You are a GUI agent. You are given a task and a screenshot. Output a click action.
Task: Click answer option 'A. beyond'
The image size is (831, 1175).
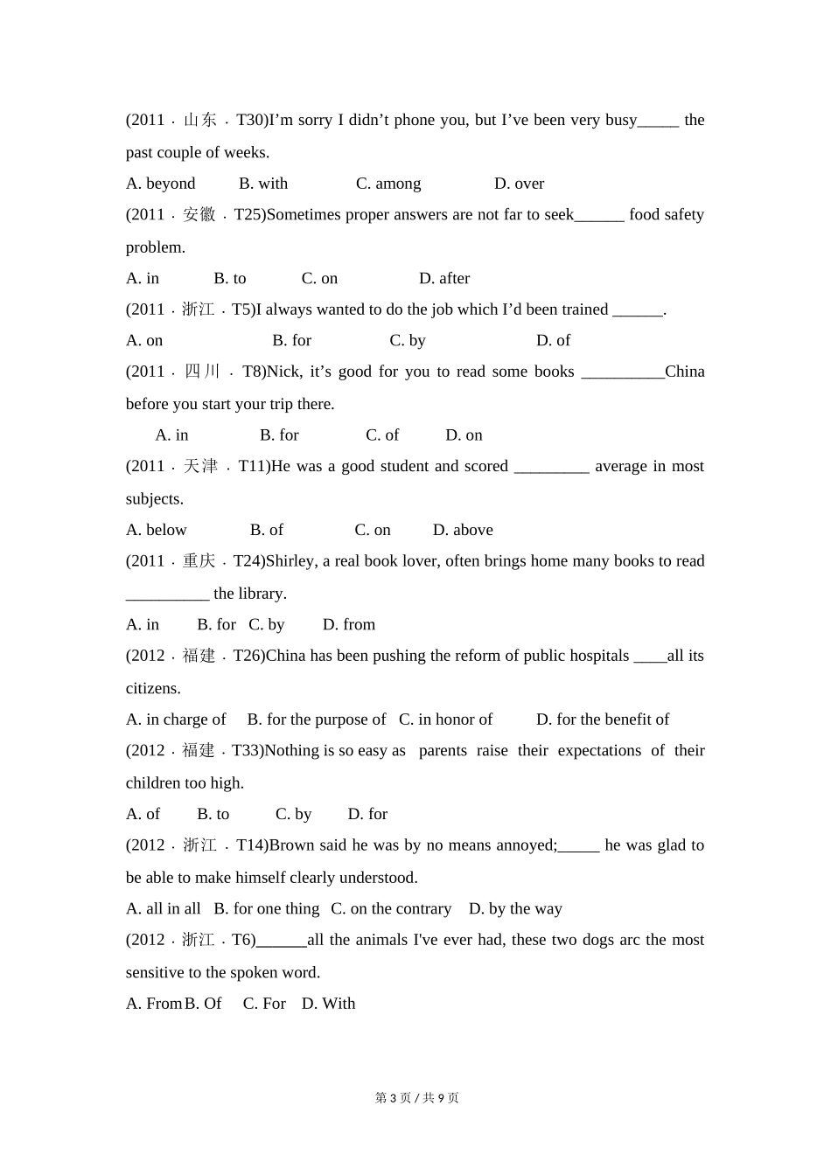tap(161, 184)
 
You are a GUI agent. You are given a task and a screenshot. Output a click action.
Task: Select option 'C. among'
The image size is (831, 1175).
tap(388, 184)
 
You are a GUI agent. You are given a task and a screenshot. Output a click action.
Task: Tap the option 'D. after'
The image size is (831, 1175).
tap(444, 278)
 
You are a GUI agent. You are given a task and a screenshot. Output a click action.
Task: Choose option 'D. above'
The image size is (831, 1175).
tap(463, 530)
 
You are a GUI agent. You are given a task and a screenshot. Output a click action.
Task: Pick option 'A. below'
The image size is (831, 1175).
tap(157, 530)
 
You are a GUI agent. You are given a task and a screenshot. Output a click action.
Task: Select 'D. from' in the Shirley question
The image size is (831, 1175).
tap(349, 624)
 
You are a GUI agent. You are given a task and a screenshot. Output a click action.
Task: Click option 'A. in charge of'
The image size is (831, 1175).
tap(176, 720)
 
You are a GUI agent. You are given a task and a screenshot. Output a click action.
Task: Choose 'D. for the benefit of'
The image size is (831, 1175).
tap(603, 720)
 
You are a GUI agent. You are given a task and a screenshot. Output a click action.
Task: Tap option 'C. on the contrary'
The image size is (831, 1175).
tap(391, 909)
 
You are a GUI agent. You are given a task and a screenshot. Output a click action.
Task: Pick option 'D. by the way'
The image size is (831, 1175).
tap(515, 909)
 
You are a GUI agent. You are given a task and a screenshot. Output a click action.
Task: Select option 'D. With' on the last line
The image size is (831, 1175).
tap(329, 1004)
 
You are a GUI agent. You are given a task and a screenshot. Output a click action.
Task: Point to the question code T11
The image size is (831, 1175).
tap(254, 466)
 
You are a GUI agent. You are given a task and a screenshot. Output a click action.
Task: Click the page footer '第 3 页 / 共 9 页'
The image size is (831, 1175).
tap(416, 1098)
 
